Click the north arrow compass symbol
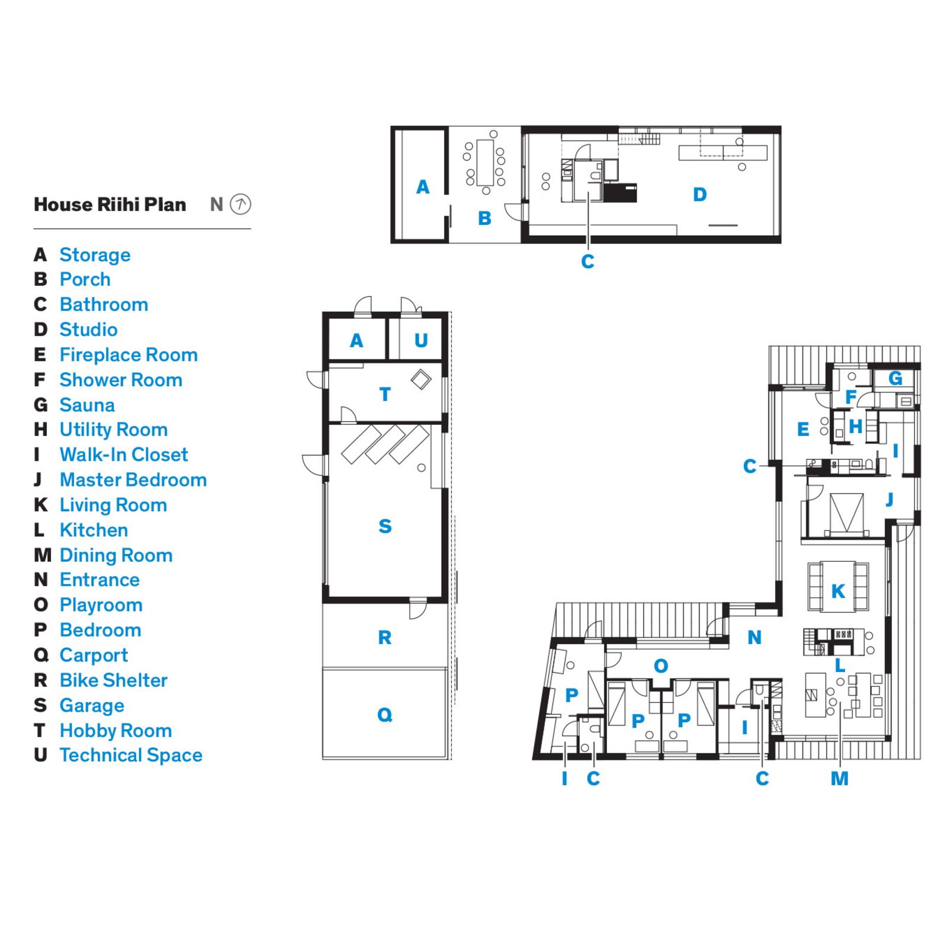(x=240, y=204)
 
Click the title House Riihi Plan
(x=110, y=204)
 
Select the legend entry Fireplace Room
(x=128, y=355)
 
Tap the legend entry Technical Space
(x=130, y=755)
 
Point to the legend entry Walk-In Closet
(x=123, y=454)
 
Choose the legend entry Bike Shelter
(x=113, y=680)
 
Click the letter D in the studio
(x=699, y=194)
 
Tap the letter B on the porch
(x=484, y=219)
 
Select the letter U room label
(x=420, y=341)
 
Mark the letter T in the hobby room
(x=385, y=395)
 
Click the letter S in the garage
(x=385, y=526)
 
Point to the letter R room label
(x=385, y=638)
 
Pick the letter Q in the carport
(x=385, y=715)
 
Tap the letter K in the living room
(x=838, y=591)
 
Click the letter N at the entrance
(x=754, y=638)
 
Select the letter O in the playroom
(x=661, y=666)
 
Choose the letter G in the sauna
(x=895, y=378)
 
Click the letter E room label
(x=803, y=429)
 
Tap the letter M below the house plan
(x=839, y=779)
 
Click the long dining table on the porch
(x=485, y=162)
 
